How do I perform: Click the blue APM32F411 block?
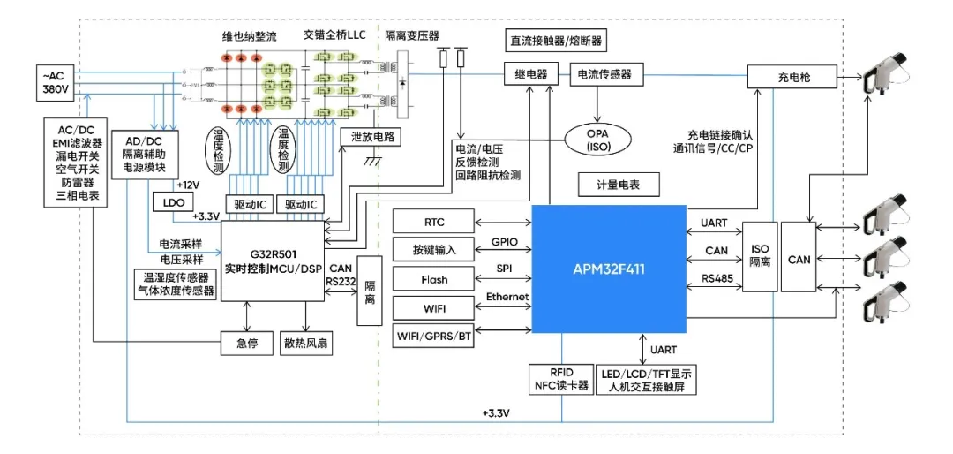(608, 269)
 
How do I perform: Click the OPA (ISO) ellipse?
(604, 140)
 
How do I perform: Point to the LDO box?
(169, 202)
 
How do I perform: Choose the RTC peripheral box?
(434, 222)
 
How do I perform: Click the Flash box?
(434, 279)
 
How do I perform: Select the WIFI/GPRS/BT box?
(434, 337)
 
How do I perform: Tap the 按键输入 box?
(434, 250)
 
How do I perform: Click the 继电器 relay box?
(530, 75)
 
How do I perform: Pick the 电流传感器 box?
(605, 75)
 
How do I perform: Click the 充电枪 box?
(793, 77)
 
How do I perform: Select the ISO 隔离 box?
(759, 256)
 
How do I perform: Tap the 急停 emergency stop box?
(247, 342)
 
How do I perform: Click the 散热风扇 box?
(306, 342)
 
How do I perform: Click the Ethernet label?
(507, 298)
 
